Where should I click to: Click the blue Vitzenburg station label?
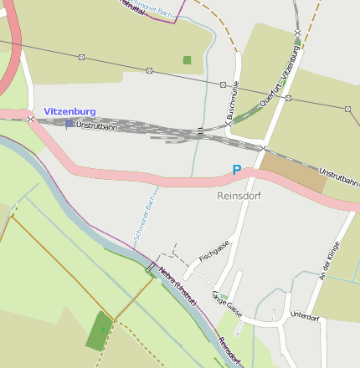69,111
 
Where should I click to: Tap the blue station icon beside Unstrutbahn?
69,124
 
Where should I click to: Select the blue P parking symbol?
237,170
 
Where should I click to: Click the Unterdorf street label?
305,317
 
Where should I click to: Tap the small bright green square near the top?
187,60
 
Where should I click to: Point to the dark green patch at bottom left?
100,330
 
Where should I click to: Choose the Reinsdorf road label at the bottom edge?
230,351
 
